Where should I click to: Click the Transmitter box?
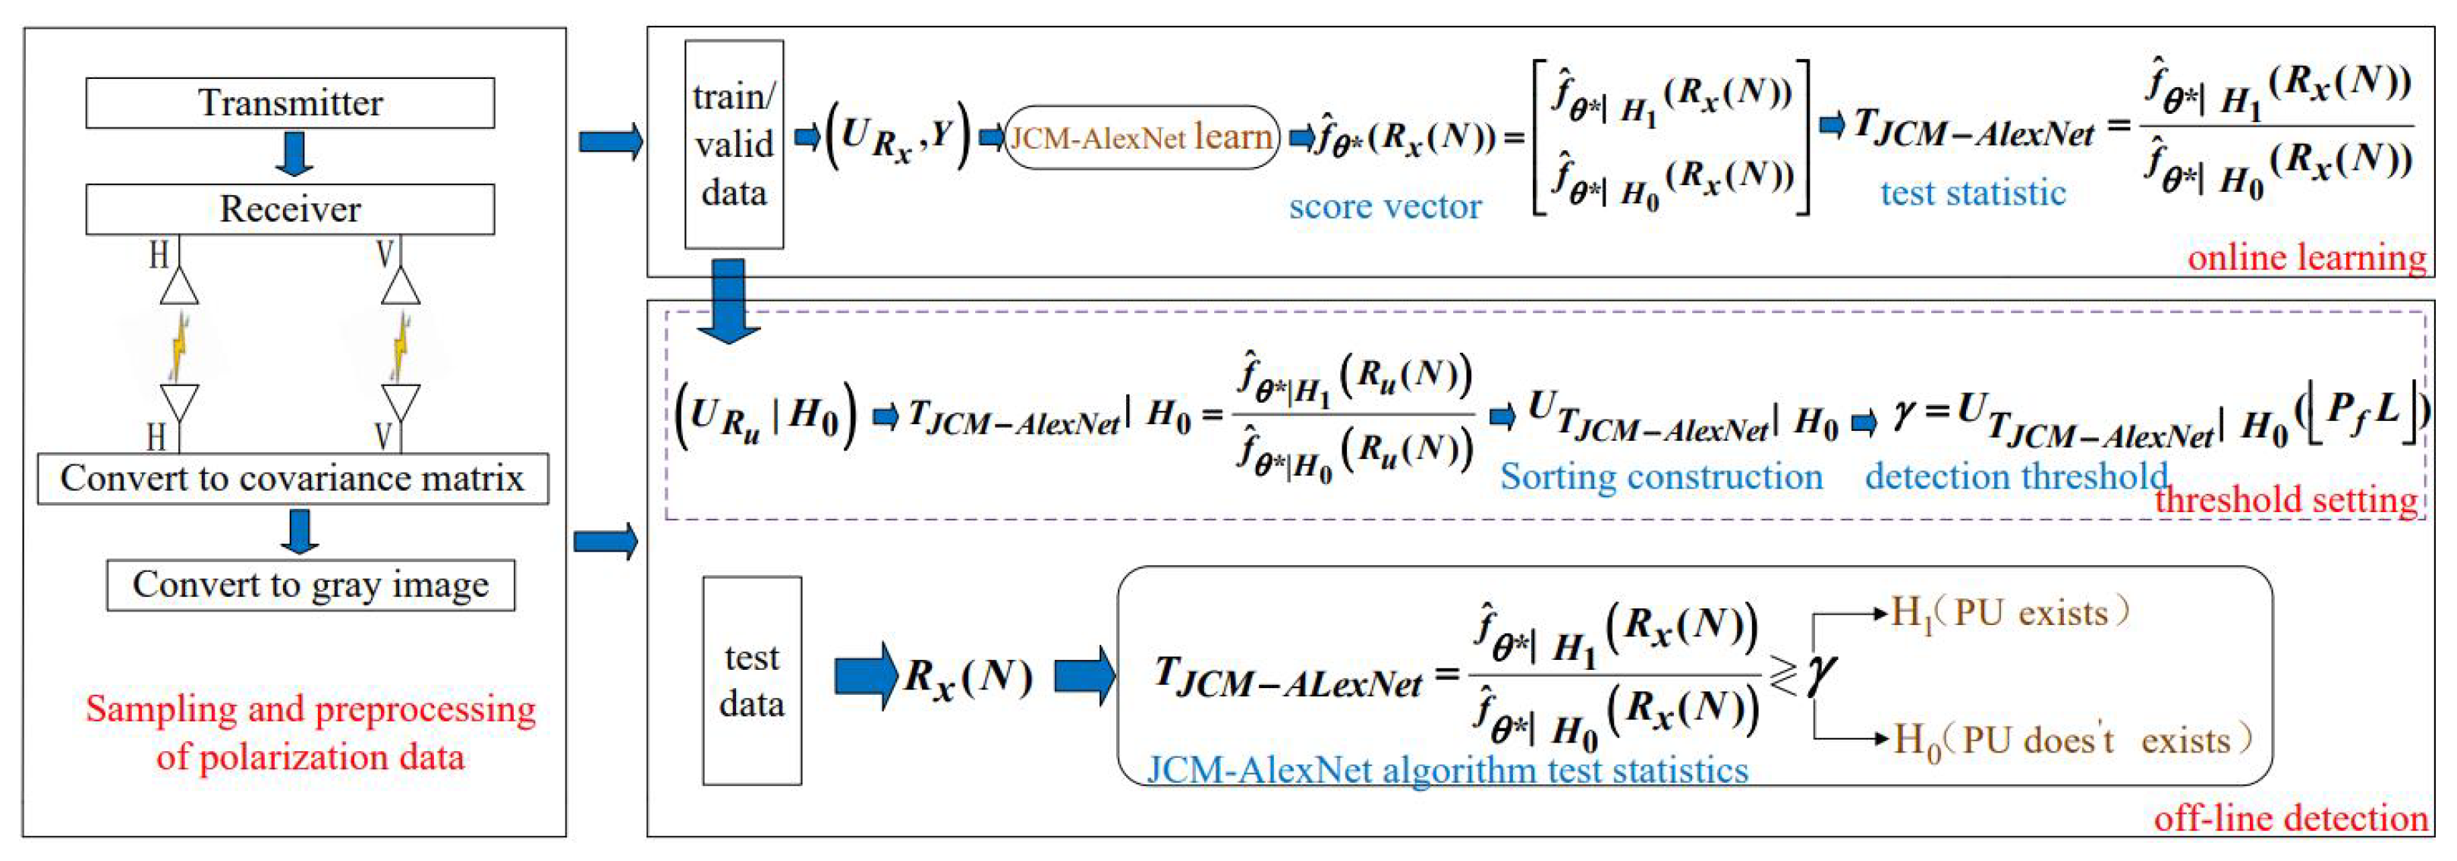click(290, 103)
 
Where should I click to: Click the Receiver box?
click(290, 209)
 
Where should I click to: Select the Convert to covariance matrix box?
click(293, 479)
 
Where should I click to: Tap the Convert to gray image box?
click(310, 584)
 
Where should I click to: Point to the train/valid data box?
click(734, 144)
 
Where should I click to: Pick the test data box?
click(752, 680)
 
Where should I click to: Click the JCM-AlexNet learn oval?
click(1142, 138)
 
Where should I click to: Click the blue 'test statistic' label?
click(1972, 193)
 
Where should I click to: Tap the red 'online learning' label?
click(2306, 257)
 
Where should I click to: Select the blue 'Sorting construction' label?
click(1660, 476)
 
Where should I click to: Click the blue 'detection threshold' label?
click(2015, 476)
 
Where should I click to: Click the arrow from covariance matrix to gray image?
click(300, 532)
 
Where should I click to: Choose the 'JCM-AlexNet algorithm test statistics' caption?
click(1447, 769)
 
